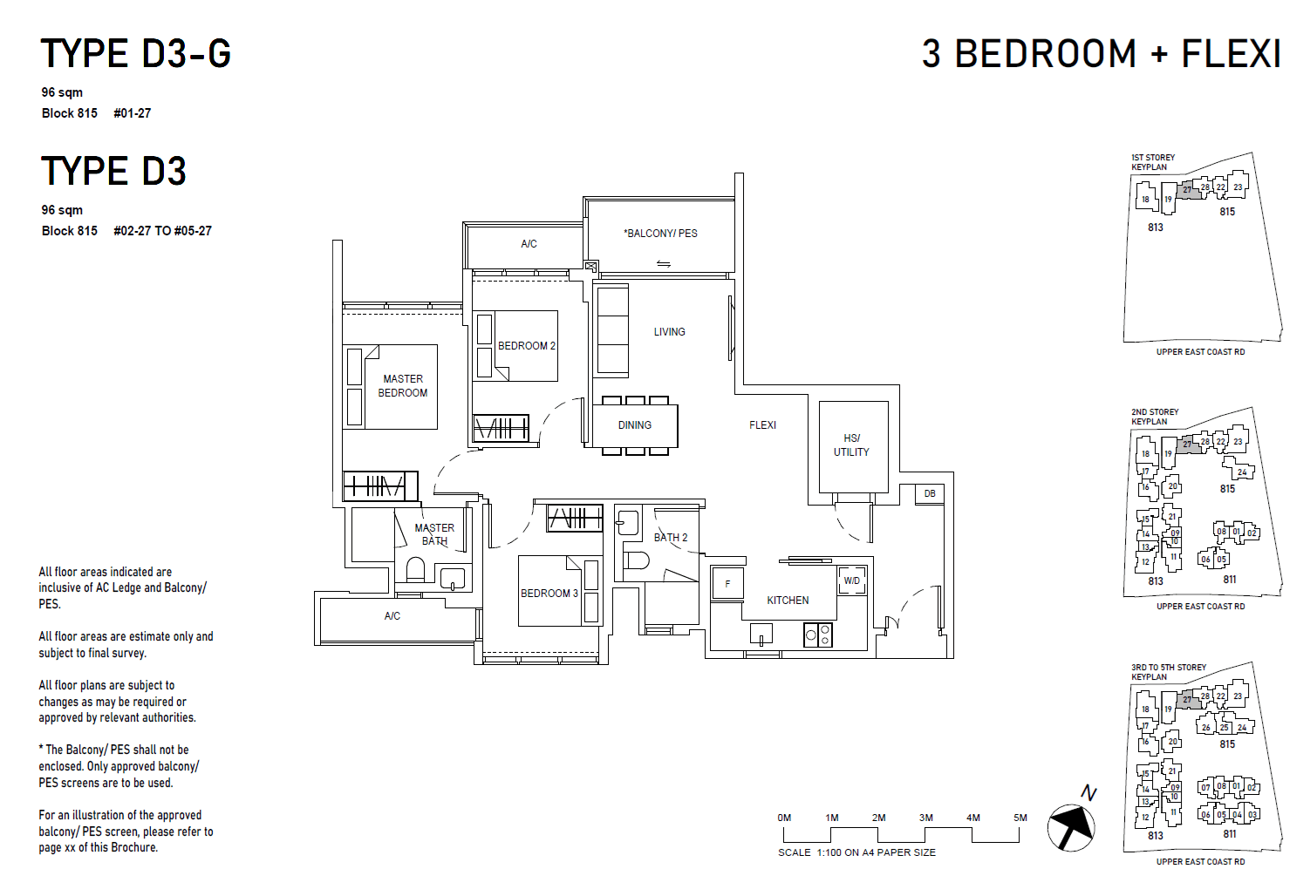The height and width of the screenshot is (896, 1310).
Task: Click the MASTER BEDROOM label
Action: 402,386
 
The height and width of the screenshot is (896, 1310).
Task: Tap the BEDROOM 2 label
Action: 526,346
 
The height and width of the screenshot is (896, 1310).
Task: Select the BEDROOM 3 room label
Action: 549,594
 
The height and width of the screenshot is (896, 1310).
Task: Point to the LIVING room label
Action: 669,332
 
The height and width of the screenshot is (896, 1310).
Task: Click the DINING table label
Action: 634,425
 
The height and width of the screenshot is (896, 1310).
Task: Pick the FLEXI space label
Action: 762,425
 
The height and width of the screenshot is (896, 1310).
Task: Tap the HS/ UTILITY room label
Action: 851,445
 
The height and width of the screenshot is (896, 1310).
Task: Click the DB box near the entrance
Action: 930,494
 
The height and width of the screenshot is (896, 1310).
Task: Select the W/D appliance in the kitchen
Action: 852,580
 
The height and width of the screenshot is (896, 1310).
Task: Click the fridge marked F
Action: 727,584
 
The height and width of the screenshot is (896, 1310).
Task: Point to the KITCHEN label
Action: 788,601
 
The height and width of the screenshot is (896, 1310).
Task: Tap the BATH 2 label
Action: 671,538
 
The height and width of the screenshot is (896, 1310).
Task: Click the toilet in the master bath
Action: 415,570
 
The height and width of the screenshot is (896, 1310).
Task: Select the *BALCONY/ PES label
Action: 660,234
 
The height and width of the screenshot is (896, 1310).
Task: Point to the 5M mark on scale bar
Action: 1020,818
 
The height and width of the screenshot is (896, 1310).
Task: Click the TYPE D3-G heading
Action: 136,54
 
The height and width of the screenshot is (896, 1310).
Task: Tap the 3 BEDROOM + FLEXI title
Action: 1102,54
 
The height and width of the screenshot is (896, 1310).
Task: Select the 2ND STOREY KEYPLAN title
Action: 1155,417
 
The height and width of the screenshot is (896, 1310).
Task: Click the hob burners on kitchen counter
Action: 818,635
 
